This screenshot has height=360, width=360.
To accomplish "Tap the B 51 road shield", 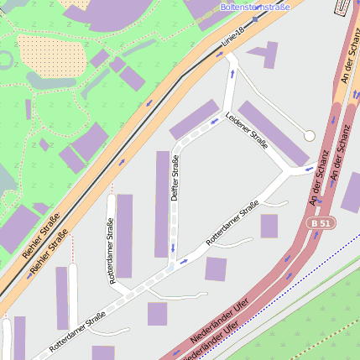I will tap(319, 223).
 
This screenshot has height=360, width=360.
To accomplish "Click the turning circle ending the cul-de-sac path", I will tap(309, 135).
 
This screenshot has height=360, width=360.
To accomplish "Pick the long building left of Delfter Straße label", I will tap(162, 204).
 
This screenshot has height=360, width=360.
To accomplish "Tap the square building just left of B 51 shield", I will tap(269, 226).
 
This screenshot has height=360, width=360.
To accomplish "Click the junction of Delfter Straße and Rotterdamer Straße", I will tap(173, 264).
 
